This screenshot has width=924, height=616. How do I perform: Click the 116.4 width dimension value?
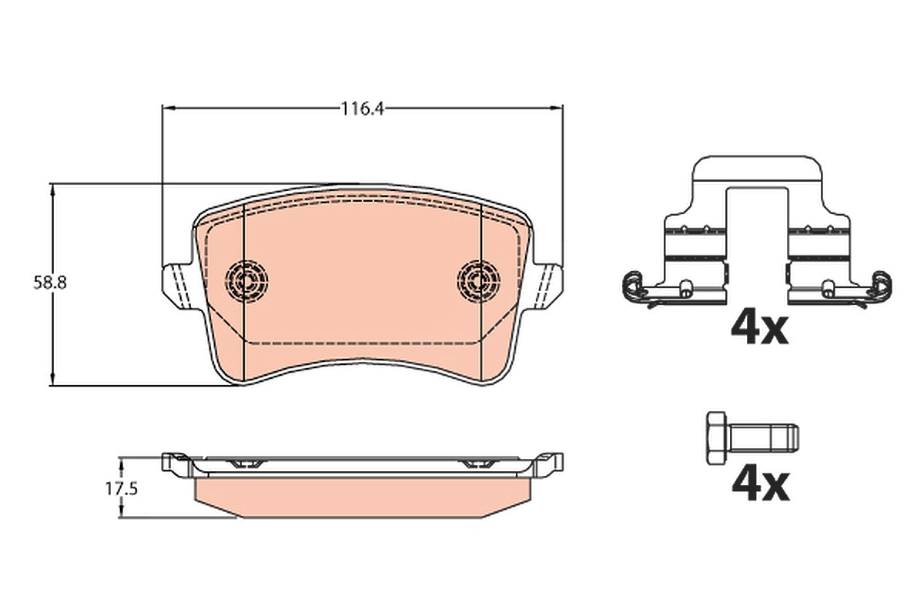pos(363,109)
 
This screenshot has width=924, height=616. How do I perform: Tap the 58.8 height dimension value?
pos(50,283)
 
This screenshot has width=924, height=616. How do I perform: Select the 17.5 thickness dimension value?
pos(122,489)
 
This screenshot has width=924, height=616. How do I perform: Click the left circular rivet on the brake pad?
pos(246,281)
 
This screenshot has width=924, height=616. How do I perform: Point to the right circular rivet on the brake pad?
pos(478,281)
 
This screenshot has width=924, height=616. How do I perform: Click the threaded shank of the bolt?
pos(763,438)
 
